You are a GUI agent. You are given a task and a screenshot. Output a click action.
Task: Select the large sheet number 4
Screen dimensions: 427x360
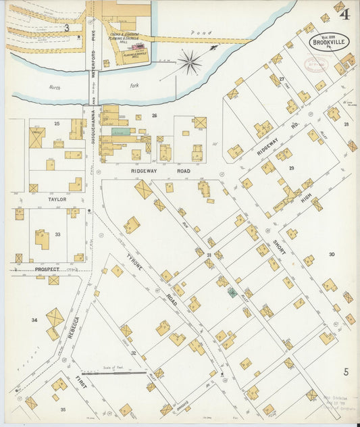(345, 13)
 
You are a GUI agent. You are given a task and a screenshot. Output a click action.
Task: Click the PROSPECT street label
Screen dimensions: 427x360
(47, 269)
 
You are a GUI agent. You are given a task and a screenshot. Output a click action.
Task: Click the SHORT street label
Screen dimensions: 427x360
(280, 247)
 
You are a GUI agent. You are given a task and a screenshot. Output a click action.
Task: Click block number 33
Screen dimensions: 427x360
(57, 234)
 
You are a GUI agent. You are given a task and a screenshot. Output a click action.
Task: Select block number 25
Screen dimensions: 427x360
(57, 123)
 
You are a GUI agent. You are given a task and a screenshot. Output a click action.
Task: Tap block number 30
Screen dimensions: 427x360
(332, 254)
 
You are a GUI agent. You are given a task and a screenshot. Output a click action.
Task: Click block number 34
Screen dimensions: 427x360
(34, 319)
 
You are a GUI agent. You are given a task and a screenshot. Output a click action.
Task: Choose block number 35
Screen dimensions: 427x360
(63, 409)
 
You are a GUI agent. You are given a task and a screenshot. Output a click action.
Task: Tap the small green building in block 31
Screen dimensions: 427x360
(232, 293)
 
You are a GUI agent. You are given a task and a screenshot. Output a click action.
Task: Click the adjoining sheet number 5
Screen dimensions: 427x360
(345, 372)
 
